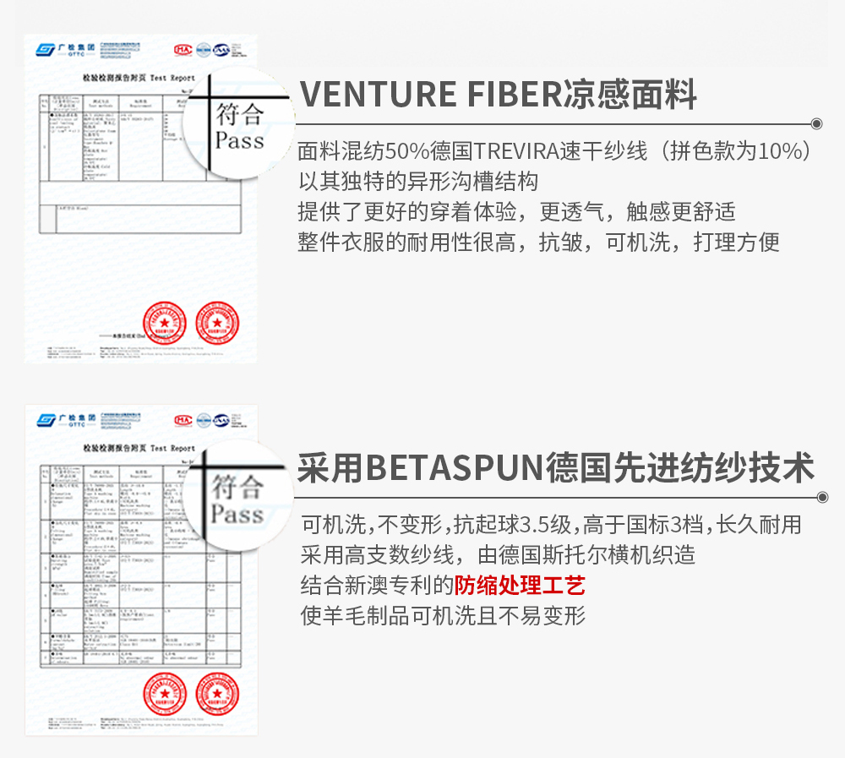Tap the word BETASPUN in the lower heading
[x=455, y=467]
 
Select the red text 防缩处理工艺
[x=520, y=585]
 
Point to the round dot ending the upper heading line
[x=817, y=123]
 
